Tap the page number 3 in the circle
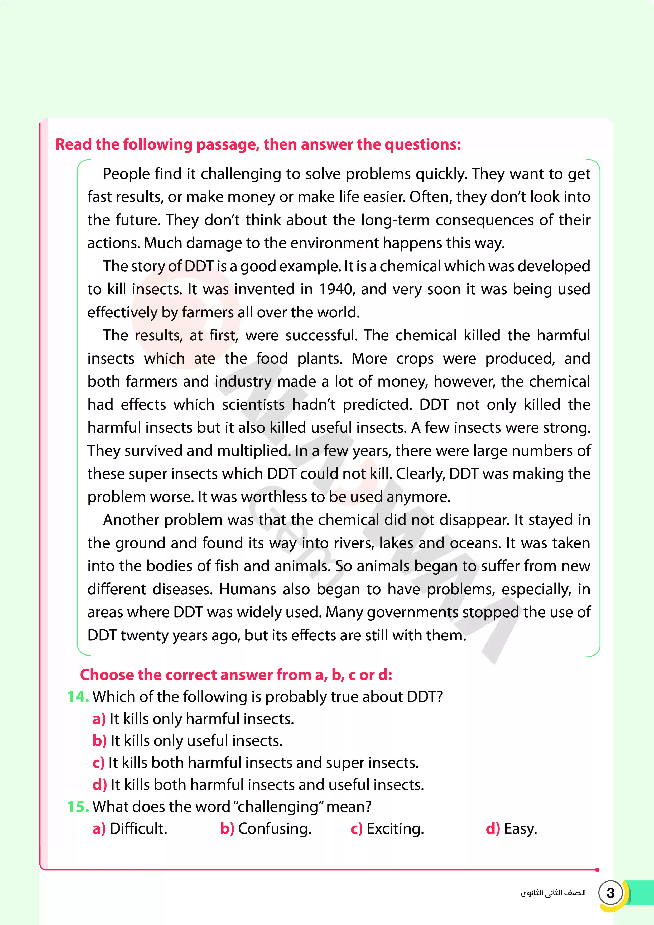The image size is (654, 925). pyautogui.click(x=610, y=893)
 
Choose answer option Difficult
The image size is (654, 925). pyautogui.click(x=138, y=829)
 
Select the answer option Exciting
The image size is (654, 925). pyautogui.click(x=395, y=829)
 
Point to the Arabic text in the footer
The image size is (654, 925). pyautogui.click(x=553, y=893)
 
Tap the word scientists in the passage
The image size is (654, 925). pyautogui.click(x=253, y=404)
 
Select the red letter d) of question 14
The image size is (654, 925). pyautogui.click(x=99, y=785)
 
